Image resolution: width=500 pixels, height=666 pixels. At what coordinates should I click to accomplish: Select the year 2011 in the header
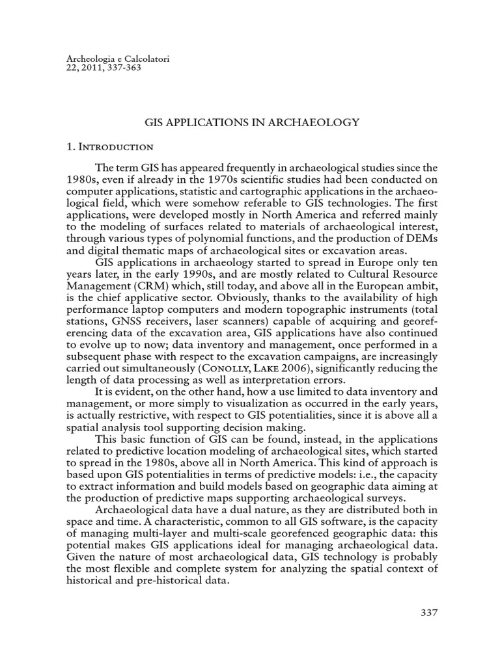94,66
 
